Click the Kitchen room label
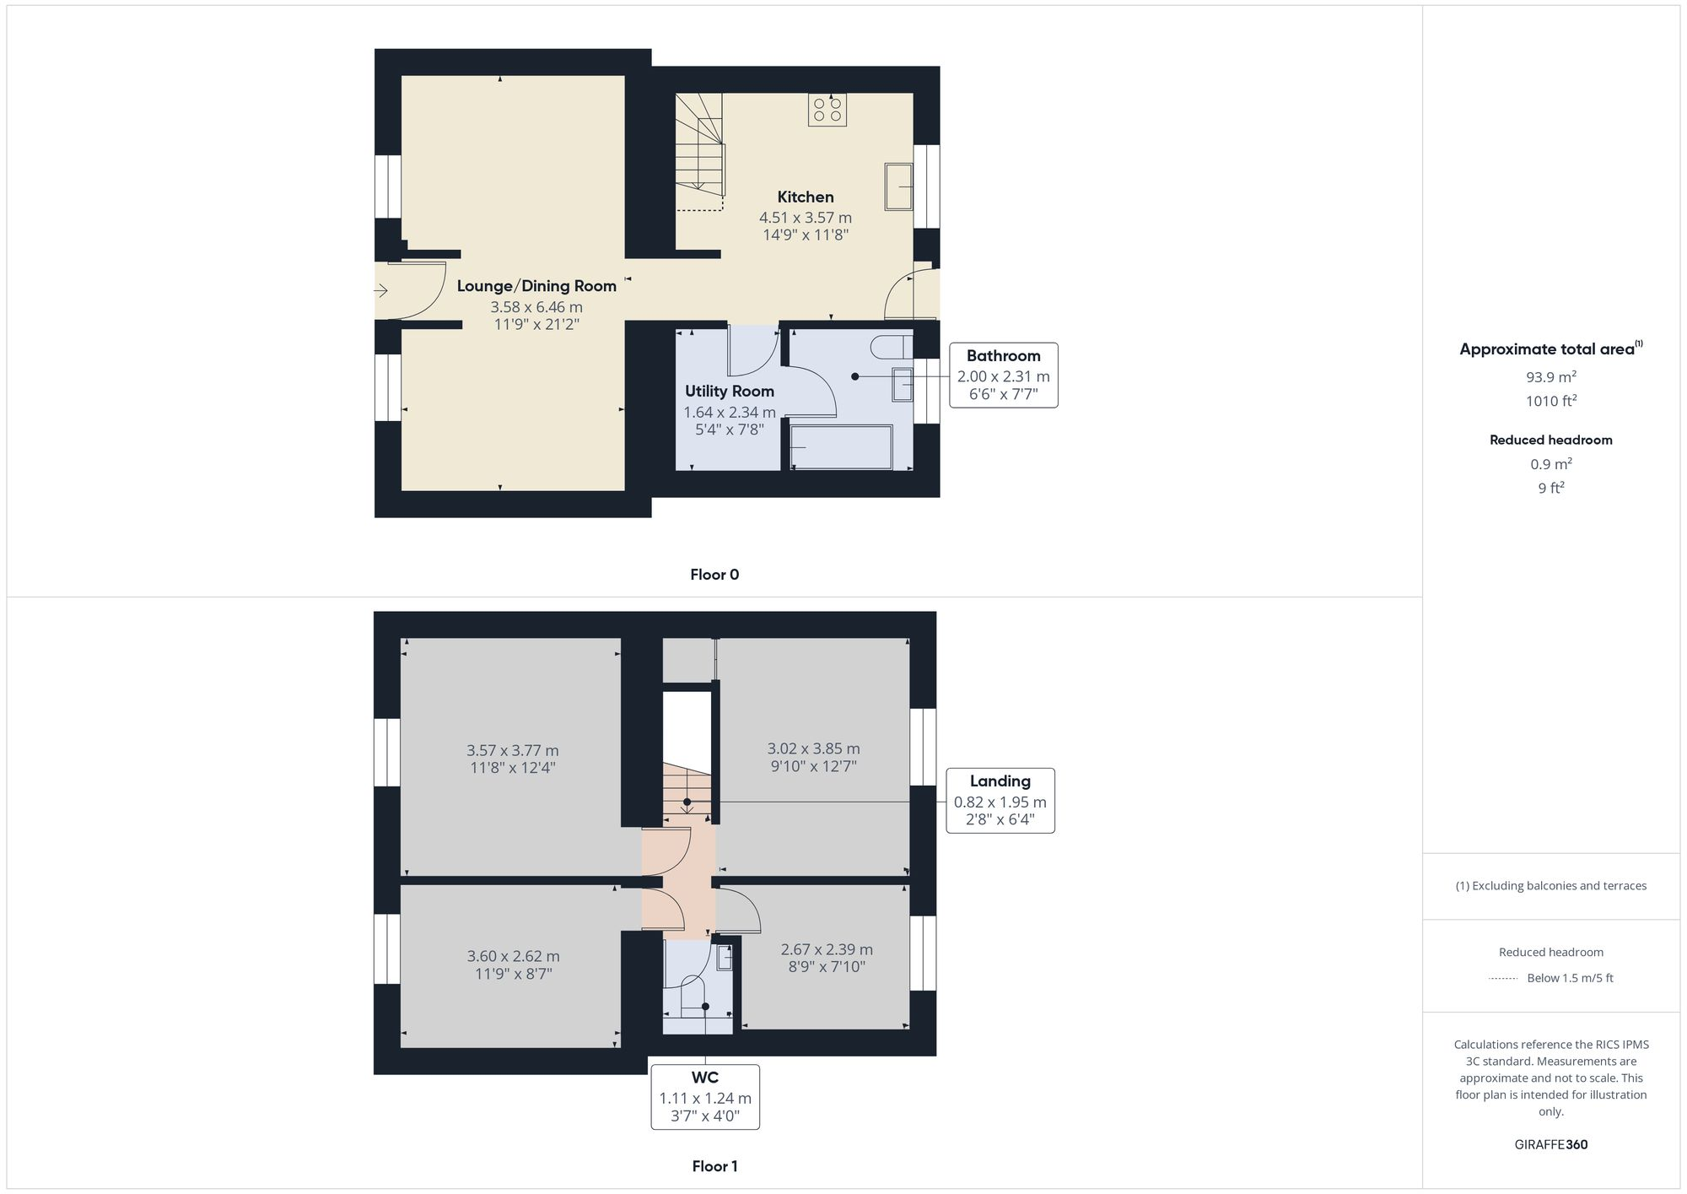pyautogui.click(x=805, y=197)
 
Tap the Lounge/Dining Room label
pyautogui.click(x=536, y=286)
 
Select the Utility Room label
pyautogui.click(x=729, y=392)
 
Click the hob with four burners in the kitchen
pyautogui.click(x=827, y=110)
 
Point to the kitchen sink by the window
pyautogui.click(x=898, y=186)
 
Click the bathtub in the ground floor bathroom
pyautogui.click(x=841, y=447)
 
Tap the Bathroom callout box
pyautogui.click(x=1003, y=375)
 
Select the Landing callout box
pyautogui.click(x=1000, y=801)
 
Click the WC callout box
pyautogui.click(x=705, y=1096)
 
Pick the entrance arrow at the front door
pyautogui.click(x=380, y=291)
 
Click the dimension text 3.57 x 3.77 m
pyautogui.click(x=512, y=750)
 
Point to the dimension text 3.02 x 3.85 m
pyautogui.click(x=813, y=748)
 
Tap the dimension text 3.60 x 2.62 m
pyautogui.click(x=513, y=956)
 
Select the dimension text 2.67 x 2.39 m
pyautogui.click(x=826, y=949)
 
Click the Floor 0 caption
pyautogui.click(x=714, y=575)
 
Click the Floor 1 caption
pyautogui.click(x=714, y=1166)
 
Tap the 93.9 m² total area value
pyautogui.click(x=1550, y=377)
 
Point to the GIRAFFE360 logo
pyautogui.click(x=1550, y=1145)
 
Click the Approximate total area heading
pyautogui.click(x=1550, y=349)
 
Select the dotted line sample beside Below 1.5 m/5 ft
pyautogui.click(x=1503, y=979)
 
